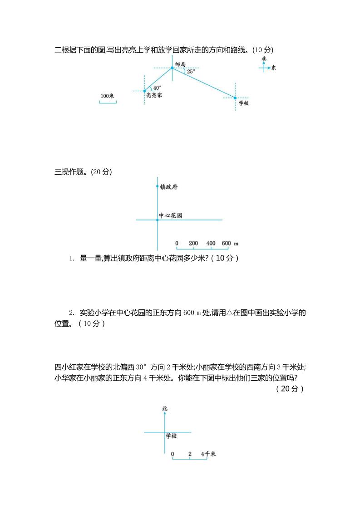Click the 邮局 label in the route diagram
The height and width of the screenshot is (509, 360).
180,64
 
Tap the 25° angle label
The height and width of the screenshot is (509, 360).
191,71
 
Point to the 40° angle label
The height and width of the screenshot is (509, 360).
157,88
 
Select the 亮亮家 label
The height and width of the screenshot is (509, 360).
154,96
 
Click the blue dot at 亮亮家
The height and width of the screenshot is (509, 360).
145,91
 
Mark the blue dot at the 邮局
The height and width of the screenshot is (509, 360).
172,68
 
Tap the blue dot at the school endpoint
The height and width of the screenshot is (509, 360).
235,98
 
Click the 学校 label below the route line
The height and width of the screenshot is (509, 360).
244,103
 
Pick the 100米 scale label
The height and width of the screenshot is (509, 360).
107,96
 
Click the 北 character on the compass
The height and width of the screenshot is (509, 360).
264,59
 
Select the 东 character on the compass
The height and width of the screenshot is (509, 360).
273,69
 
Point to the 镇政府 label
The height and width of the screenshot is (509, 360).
168,186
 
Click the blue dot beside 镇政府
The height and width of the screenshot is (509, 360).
157,186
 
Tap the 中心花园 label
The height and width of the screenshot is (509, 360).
170,215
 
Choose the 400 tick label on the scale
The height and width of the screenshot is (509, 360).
211,244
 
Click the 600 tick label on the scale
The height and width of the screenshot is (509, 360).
227,244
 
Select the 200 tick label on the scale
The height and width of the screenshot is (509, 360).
193,244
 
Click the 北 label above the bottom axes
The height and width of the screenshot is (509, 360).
164,409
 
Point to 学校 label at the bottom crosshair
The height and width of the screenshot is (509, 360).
171,436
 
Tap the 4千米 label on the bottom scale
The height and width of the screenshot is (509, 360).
208,454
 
